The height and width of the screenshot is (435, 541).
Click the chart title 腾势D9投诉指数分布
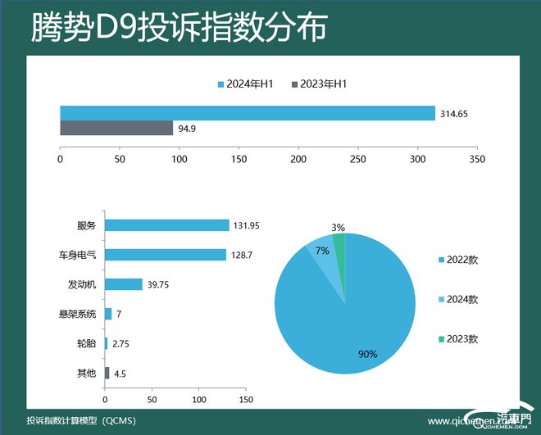[178, 28]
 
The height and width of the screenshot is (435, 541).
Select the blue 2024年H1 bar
[247, 114]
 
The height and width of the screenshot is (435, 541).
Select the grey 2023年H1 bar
[116, 128]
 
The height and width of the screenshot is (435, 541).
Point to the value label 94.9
[188, 129]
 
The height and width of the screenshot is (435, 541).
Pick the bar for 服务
[166, 225]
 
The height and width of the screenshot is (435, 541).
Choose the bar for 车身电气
[165, 255]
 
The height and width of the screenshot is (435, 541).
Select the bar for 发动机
[123, 284]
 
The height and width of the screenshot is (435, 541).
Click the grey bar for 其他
[107, 374]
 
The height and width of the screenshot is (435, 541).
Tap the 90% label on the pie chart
[367, 354]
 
